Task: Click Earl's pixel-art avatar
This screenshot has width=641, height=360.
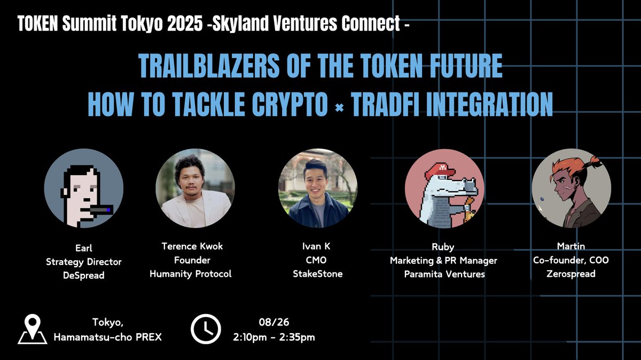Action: (84, 188)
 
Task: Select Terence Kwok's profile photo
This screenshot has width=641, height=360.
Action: (195, 188)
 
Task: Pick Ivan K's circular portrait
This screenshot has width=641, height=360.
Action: (318, 188)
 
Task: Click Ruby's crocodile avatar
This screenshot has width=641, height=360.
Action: (444, 189)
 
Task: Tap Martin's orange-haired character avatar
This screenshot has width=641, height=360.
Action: (570, 189)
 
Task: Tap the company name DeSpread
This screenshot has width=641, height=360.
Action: (83, 275)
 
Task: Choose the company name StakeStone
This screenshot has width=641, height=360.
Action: (319, 274)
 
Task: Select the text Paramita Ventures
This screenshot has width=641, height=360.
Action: (444, 274)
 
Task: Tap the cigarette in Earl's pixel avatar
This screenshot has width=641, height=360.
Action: (100, 210)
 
